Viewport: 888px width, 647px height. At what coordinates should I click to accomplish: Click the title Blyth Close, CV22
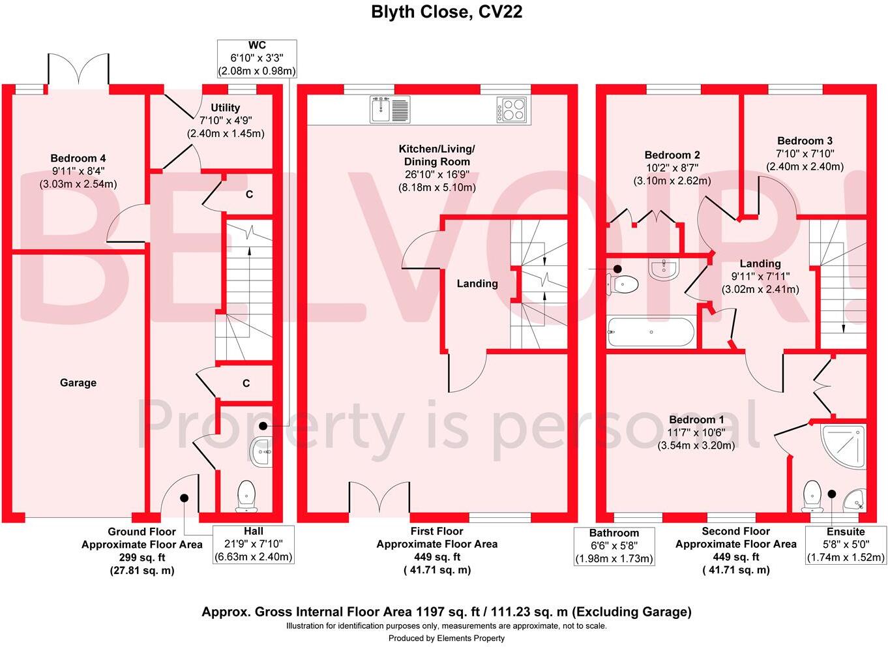click(447, 12)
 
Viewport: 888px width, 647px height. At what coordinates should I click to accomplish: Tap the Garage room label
click(78, 383)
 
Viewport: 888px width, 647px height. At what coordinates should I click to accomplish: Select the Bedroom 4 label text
click(78, 158)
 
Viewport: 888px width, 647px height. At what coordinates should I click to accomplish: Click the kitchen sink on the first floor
click(390, 109)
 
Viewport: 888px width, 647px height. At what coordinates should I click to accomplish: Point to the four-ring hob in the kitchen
click(511, 109)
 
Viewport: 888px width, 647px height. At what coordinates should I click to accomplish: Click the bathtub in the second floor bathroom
click(650, 332)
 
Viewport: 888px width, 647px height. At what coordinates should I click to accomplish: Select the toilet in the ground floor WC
click(247, 496)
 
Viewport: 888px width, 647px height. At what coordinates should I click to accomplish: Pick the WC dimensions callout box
click(257, 58)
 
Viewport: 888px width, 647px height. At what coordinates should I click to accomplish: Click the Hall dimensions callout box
click(254, 544)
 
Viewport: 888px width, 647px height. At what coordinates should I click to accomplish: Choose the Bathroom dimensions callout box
click(614, 546)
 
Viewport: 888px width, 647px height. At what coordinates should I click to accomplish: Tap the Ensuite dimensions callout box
click(846, 545)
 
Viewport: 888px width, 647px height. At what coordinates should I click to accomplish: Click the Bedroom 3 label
click(805, 141)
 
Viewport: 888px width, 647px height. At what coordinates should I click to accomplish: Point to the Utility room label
click(225, 108)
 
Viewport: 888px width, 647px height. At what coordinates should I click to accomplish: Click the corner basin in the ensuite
click(853, 500)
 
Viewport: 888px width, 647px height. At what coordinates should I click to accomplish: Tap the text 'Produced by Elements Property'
click(447, 639)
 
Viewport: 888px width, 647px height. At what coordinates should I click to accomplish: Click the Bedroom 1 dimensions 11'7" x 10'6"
click(696, 432)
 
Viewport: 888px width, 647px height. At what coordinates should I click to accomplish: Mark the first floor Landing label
click(477, 284)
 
